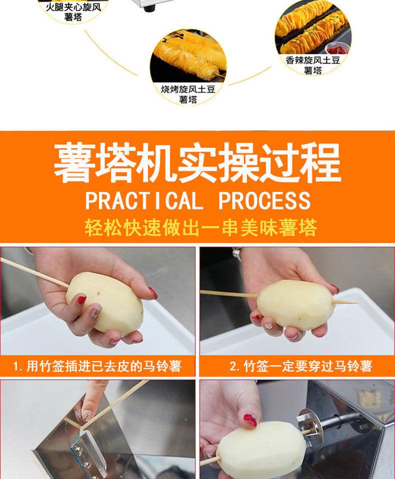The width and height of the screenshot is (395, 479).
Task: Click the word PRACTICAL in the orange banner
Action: click(144, 200)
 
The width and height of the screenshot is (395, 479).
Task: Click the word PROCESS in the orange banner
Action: click(264, 200)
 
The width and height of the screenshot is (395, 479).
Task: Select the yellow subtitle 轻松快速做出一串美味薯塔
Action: click(200, 227)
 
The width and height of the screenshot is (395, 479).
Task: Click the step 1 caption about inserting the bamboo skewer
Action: click(97, 366)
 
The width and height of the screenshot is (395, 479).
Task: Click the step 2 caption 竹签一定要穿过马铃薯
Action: click(301, 366)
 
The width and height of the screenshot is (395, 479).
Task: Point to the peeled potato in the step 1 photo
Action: click(105, 301)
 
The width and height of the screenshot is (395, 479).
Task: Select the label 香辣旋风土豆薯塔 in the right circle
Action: click(313, 65)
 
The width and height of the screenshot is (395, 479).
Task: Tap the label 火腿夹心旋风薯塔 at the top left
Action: click(73, 12)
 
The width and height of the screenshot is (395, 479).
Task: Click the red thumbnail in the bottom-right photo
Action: click(249, 420)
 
